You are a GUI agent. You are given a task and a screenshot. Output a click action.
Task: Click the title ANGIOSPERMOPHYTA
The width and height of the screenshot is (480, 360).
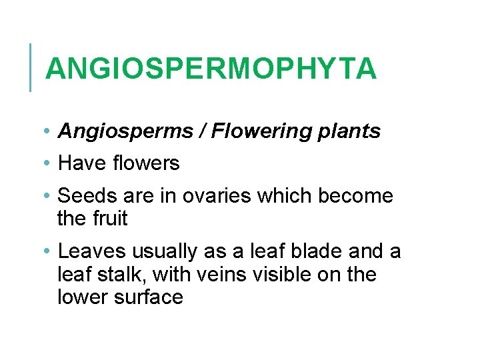tap(211, 69)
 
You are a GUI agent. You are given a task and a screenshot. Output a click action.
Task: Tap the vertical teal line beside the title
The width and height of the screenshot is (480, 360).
tap(31, 67)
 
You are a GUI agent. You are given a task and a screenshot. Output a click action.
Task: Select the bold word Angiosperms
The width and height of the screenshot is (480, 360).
tap(125, 131)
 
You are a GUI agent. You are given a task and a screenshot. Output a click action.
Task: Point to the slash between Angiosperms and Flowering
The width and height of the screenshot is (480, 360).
tap(201, 131)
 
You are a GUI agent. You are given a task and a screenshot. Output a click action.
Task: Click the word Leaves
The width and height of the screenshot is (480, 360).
tap(92, 251)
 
